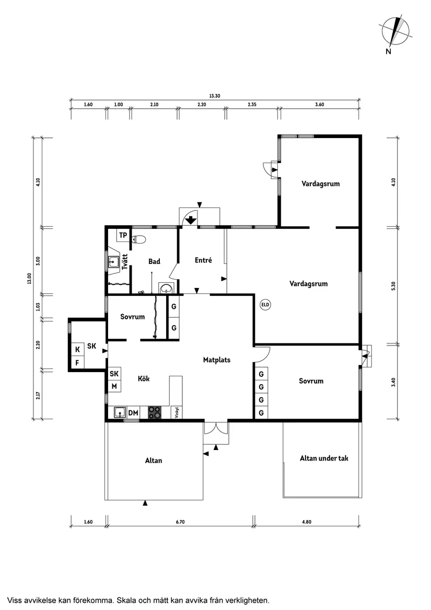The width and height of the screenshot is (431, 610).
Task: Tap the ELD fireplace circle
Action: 265,304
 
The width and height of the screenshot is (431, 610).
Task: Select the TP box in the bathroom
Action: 123,235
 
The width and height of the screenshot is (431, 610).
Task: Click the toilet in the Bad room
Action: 139,239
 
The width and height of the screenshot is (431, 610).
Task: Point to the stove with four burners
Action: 155,412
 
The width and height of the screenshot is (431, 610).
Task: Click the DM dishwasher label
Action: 133,413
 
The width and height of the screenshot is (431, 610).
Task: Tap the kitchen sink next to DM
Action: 120,412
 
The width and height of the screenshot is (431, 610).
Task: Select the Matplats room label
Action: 217,360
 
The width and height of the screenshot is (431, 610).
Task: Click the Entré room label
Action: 203,260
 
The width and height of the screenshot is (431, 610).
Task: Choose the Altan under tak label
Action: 324,458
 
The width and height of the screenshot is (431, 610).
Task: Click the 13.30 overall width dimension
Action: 214,96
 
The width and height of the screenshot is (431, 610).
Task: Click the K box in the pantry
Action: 77,349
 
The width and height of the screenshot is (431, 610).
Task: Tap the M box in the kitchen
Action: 114,386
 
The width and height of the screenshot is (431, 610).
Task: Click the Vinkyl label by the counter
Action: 177,412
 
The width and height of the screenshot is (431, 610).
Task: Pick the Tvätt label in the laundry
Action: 125,261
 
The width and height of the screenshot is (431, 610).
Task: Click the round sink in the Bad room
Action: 166,289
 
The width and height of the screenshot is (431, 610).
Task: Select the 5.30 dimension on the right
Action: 393,286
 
